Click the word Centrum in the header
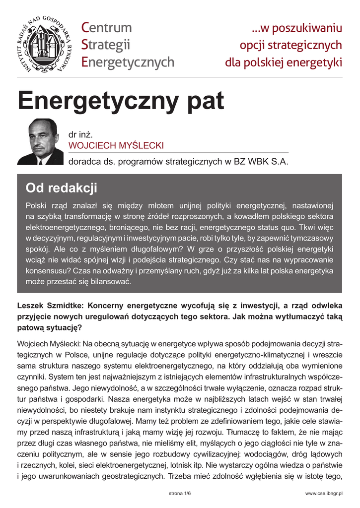pos(106,27)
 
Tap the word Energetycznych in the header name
pos(128,62)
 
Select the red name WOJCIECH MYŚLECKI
pos(116,145)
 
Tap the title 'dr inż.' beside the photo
pos(80,134)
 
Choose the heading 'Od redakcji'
pos(62,189)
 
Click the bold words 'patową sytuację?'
pos(50,327)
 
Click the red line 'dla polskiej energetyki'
pos(284,63)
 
